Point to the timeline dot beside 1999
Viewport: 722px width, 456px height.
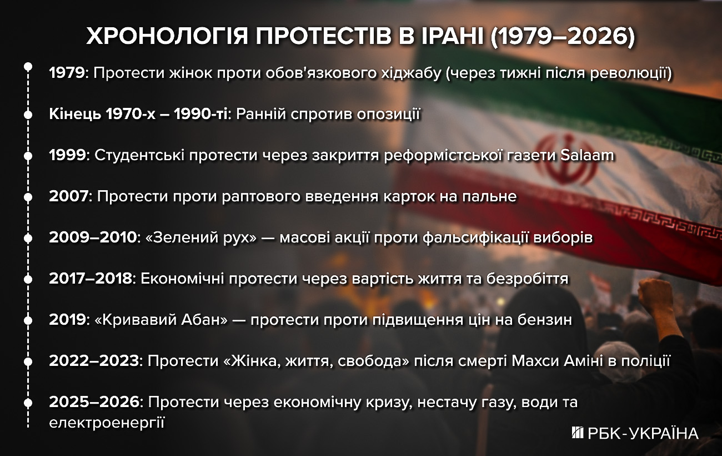(27, 156)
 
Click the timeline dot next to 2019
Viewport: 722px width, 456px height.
(27, 320)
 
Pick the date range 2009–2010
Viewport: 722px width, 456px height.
(92, 238)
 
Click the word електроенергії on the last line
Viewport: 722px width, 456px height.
(107, 423)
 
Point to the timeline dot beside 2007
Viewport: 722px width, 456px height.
(27, 197)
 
